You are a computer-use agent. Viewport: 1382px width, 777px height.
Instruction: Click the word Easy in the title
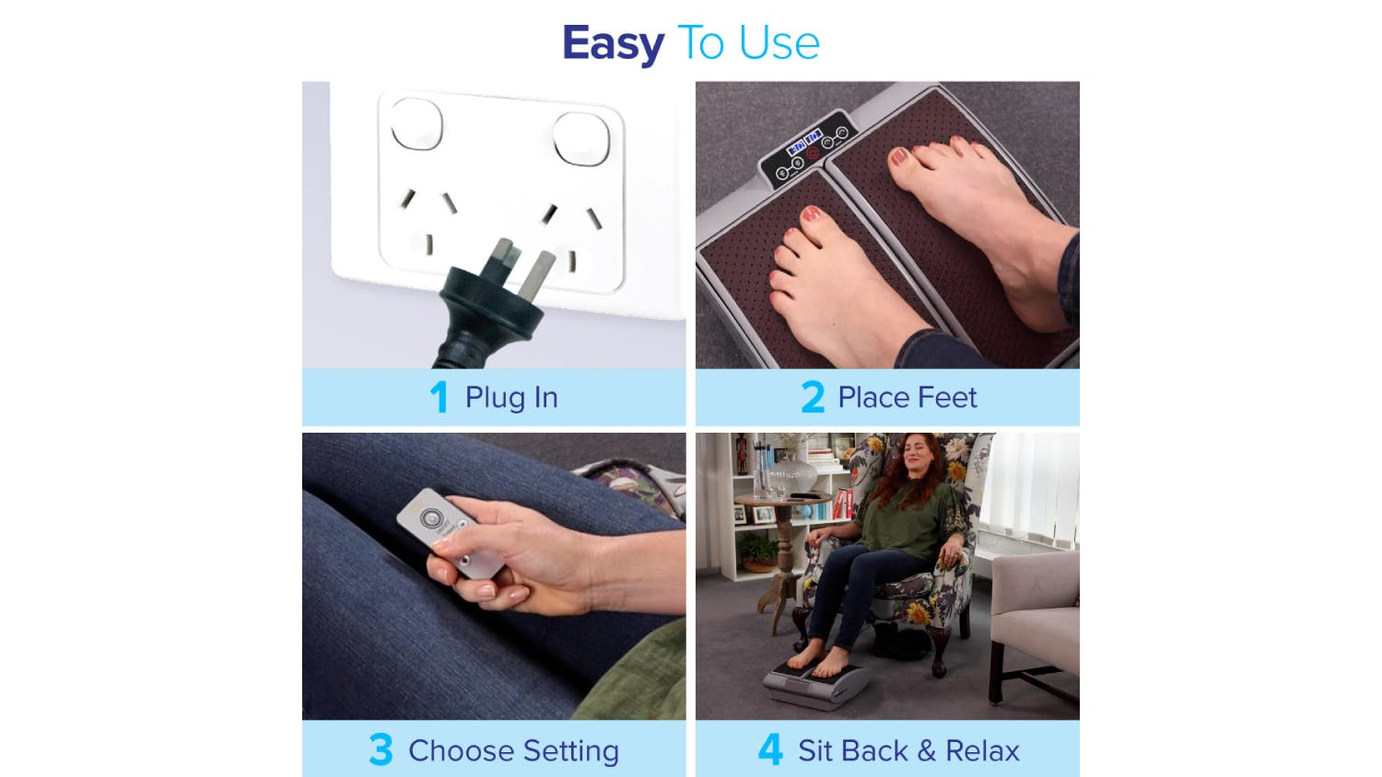click(x=614, y=44)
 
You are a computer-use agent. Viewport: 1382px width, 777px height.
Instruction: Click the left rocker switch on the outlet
click(x=416, y=124)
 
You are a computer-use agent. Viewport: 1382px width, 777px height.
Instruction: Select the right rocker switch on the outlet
click(x=581, y=139)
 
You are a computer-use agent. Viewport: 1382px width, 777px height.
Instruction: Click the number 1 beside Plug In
click(x=439, y=397)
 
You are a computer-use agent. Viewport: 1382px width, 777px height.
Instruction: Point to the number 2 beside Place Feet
click(x=813, y=397)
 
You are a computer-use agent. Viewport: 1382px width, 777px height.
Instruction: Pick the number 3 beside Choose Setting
click(x=381, y=750)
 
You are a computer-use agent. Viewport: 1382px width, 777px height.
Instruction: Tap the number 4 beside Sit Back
click(x=770, y=750)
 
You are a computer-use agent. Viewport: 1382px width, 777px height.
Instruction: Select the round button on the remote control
click(x=430, y=517)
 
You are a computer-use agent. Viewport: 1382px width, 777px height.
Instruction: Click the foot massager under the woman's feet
click(x=814, y=685)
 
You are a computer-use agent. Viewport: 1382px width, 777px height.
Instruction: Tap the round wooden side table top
click(x=783, y=498)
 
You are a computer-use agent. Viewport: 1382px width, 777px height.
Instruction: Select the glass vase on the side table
click(x=791, y=475)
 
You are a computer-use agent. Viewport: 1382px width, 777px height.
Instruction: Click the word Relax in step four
click(x=982, y=750)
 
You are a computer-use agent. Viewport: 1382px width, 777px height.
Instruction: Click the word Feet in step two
click(x=949, y=398)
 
